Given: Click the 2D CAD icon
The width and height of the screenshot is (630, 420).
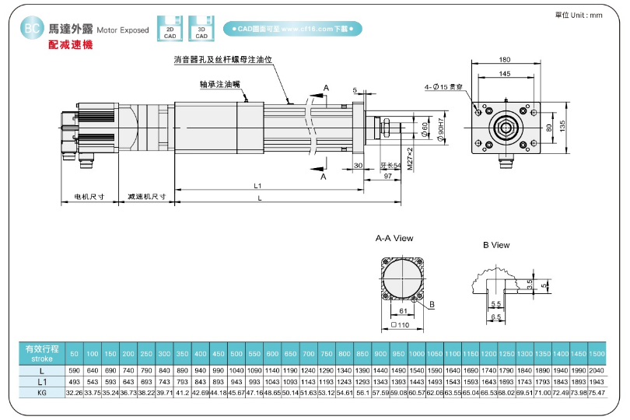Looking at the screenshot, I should click(x=170, y=29).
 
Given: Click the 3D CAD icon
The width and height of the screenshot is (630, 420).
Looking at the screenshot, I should click(x=201, y=29).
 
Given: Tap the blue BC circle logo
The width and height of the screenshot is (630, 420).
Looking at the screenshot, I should click(x=32, y=29).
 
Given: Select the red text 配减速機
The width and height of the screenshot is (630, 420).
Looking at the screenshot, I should click(x=69, y=46).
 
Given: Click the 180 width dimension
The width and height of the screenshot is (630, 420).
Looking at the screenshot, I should click(x=505, y=60).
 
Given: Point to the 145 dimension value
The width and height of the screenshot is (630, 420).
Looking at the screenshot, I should click(x=505, y=73).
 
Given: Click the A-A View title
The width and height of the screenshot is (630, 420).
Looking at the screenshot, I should click(x=394, y=238).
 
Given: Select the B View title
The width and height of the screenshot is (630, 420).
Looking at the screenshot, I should click(x=496, y=245).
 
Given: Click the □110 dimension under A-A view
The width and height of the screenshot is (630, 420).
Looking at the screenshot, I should click(x=401, y=324).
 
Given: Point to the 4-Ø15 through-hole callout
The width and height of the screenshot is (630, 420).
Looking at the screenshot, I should click(x=444, y=87).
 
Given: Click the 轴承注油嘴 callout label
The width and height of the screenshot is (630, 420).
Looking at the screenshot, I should click(x=220, y=84).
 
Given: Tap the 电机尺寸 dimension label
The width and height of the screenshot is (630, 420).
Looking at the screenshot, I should click(x=89, y=197).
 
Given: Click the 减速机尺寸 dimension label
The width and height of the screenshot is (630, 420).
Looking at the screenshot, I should click(x=148, y=197).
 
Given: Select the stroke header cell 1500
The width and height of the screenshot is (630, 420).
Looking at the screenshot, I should click(x=597, y=354).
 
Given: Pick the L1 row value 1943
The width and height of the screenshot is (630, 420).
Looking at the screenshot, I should click(x=597, y=382).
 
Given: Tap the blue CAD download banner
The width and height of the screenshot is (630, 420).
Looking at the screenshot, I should click(x=292, y=29).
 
